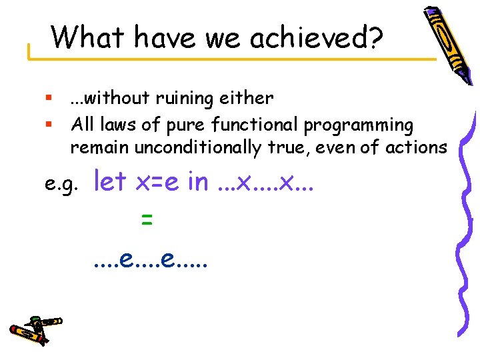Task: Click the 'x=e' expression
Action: pos(157,181)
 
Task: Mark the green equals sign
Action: pos(147,220)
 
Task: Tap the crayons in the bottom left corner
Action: pos(35,327)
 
